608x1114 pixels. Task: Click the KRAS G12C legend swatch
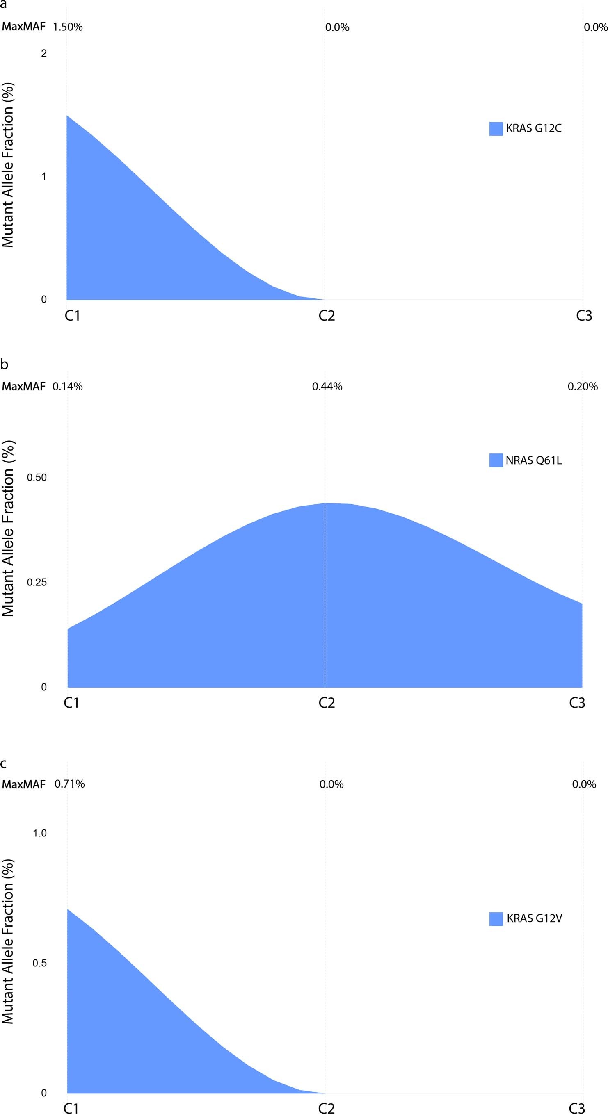(496, 129)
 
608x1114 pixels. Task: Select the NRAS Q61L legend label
(534, 460)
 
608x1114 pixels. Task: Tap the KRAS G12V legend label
(534, 918)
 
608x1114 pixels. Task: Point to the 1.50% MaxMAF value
(68, 27)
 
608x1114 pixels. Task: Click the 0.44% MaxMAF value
(327, 387)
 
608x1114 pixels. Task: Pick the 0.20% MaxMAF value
(583, 387)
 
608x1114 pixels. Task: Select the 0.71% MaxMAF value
(70, 784)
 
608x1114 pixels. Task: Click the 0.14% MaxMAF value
(68, 387)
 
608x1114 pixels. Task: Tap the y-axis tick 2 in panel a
(44, 54)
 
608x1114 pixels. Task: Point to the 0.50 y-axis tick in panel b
(37, 478)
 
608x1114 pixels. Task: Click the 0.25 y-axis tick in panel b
(37, 583)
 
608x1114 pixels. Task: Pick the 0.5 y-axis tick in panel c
(40, 963)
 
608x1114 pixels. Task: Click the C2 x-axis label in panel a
(327, 316)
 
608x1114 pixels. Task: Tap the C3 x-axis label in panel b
(577, 703)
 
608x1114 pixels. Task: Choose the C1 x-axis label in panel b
(72, 703)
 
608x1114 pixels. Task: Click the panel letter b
(5, 364)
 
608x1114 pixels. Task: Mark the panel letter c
(3, 764)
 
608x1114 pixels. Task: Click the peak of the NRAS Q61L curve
(325, 503)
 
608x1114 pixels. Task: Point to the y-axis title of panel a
(8, 165)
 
